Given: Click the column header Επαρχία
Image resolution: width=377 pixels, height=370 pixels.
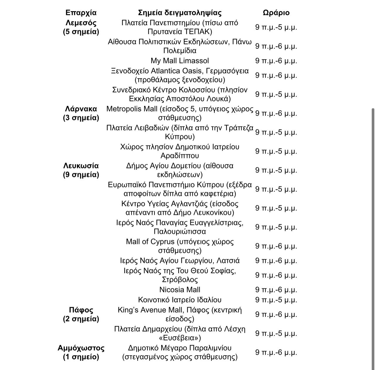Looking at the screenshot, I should [81, 13].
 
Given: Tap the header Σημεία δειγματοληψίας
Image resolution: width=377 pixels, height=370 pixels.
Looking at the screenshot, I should [180, 13].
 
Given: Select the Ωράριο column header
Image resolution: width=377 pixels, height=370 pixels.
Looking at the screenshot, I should [276, 13].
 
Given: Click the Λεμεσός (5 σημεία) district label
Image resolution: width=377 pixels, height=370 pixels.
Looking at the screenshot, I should [81, 27].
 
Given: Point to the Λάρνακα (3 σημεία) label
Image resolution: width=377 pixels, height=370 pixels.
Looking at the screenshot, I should [81, 113].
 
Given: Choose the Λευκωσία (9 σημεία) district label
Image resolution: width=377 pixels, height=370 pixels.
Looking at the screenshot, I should [81, 170].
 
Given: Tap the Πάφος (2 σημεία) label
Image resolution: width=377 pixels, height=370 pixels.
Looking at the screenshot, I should [81, 314].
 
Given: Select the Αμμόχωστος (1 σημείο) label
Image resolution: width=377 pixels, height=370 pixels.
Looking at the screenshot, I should [81, 352].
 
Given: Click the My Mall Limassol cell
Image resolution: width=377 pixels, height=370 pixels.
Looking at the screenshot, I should [180, 61].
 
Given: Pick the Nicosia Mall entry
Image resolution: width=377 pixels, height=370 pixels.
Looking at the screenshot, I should [180, 290].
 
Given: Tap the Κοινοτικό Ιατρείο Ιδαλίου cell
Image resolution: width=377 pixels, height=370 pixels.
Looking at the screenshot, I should [180, 300].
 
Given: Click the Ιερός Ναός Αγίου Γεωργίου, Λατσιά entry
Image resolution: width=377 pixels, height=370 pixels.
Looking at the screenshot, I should [180, 261].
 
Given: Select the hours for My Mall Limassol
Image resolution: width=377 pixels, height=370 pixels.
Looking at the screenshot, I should [276, 61].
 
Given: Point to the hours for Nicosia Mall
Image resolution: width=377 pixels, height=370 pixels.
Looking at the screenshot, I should [276, 290].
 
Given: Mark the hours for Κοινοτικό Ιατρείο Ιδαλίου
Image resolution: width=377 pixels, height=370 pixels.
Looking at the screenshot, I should [276, 300].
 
